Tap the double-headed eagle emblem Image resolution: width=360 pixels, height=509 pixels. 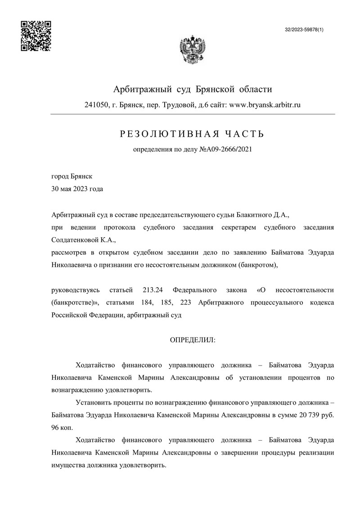pyautogui.click(x=193, y=50)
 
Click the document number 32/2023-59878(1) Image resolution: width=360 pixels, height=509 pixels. pyautogui.click(x=304, y=29)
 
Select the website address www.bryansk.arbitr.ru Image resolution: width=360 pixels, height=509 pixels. pyautogui.click(x=265, y=105)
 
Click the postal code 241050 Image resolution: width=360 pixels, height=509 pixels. pyautogui.click(x=95, y=105)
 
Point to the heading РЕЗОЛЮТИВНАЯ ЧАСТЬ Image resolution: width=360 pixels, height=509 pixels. pyautogui.click(x=192, y=134)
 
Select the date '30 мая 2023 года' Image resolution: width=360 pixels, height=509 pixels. pyautogui.click(x=77, y=189)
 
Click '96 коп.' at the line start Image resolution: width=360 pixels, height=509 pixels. pyautogui.click(x=62, y=425)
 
